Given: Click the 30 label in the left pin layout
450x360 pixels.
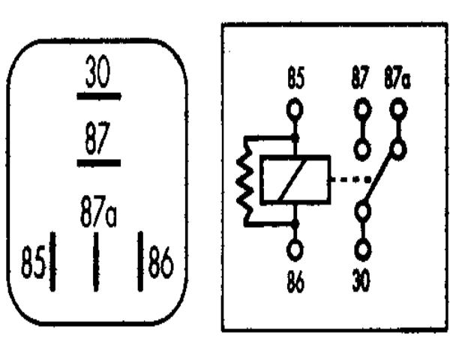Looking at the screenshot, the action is pyautogui.click(x=97, y=71).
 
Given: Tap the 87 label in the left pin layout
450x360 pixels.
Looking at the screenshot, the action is pyautogui.click(x=97, y=138).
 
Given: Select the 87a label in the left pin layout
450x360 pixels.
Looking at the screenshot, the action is pyautogui.click(x=98, y=211).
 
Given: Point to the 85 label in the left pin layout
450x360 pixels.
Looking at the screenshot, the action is pyautogui.click(x=33, y=261).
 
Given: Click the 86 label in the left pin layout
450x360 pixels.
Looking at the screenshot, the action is pyautogui.click(x=160, y=261).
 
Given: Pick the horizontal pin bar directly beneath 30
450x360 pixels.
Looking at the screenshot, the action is pyautogui.click(x=99, y=96).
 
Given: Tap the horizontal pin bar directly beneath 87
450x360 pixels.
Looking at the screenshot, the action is pyautogui.click(x=99, y=163).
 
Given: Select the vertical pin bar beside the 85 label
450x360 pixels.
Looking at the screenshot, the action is pyautogui.click(x=52, y=261).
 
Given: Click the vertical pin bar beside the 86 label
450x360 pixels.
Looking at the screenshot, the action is pyautogui.click(x=140, y=261).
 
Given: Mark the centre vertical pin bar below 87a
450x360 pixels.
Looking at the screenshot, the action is pyautogui.click(x=96, y=262).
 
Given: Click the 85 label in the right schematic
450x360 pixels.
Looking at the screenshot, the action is pyautogui.click(x=295, y=77).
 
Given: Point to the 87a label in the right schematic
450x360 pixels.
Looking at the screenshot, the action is pyautogui.click(x=397, y=77).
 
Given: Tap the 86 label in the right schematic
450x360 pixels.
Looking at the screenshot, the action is pyautogui.click(x=295, y=282).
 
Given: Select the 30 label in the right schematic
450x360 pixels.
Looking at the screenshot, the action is pyautogui.click(x=361, y=280).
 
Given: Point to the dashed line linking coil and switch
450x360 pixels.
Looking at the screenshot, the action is pyautogui.click(x=351, y=180).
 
